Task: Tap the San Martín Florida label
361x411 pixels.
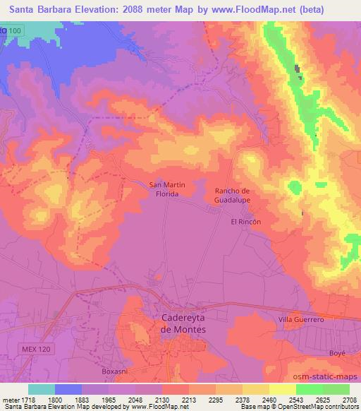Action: pyautogui.click(x=167, y=190)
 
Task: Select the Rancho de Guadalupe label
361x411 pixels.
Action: pyautogui.click(x=233, y=195)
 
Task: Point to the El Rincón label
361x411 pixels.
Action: pyautogui.click(x=246, y=221)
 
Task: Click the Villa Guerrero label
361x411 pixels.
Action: pyautogui.click(x=301, y=320)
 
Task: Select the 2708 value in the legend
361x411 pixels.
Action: pyautogui.click(x=349, y=399)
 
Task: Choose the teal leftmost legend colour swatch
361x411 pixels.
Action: pyautogui.click(x=42, y=388)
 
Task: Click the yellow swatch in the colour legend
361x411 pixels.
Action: pyautogui.click(x=283, y=388)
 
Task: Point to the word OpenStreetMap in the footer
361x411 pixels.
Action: pyautogui.click(x=295, y=407)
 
